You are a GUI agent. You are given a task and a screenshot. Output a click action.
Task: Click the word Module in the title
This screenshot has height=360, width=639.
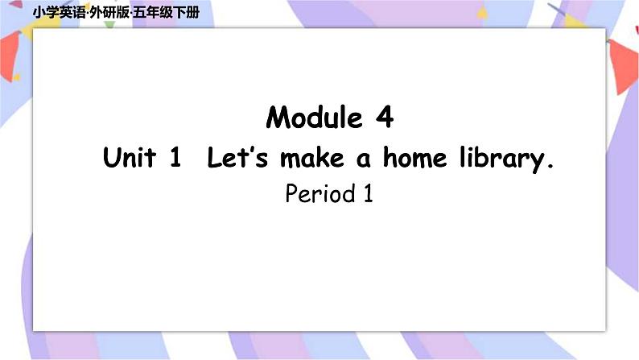pos(315,118)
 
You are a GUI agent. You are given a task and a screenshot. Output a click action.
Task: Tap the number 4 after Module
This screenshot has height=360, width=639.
pos(384,118)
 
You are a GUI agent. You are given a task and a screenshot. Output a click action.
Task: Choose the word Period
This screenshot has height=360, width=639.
pos(319,194)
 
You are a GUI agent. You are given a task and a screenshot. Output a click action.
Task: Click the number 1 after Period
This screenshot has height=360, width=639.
pos(368,194)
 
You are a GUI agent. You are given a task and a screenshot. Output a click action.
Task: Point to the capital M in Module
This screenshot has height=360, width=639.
pos(278,118)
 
